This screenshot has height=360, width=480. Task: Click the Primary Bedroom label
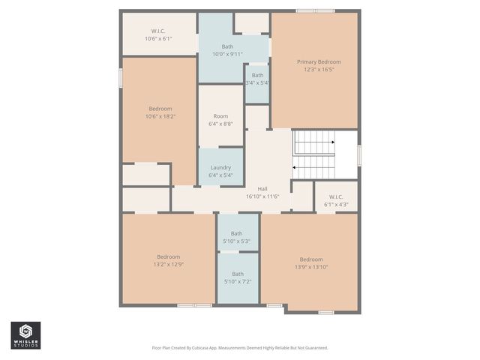coord(319,61)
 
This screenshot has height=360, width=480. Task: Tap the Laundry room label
coord(220,167)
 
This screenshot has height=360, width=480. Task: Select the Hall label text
coord(262,188)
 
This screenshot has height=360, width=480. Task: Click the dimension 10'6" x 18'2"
coord(160,116)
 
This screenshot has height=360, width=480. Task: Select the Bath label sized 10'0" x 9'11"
coord(227,46)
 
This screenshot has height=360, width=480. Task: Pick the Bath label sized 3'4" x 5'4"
coord(257,75)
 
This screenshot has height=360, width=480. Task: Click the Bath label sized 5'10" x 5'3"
coord(238,233)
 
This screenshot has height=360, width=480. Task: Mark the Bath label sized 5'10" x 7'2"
coord(238,274)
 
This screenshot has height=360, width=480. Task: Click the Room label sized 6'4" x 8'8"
coord(220,116)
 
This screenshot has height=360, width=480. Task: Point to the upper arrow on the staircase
coord(315,141)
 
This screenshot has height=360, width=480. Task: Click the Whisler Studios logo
coord(25,335)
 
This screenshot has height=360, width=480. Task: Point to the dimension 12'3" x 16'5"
coord(319,69)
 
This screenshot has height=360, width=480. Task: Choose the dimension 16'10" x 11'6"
coord(262,196)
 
